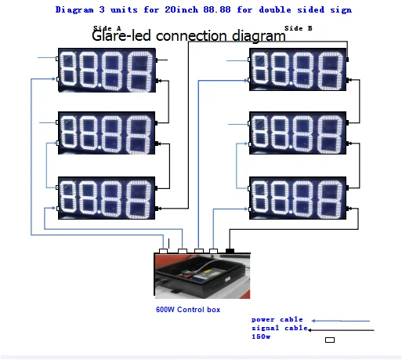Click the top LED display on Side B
(x=298, y=68)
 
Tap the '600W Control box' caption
(x=187, y=310)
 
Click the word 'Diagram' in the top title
(x=76, y=10)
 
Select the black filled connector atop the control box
(x=230, y=250)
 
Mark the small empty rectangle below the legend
(x=329, y=340)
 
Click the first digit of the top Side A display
(x=73, y=69)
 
